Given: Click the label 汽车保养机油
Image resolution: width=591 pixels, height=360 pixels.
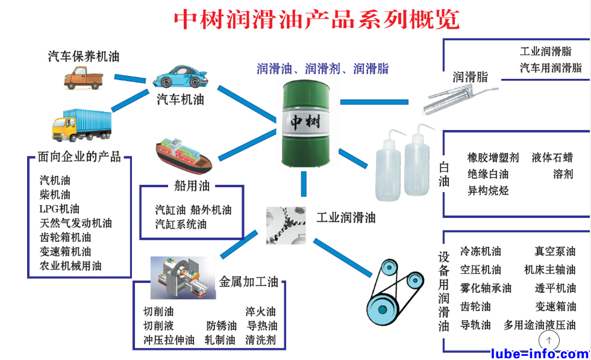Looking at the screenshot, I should click(84, 57).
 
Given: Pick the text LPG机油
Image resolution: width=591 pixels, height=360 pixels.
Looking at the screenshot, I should click(59, 209).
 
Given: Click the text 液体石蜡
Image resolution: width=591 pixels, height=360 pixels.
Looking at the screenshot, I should click(552, 158).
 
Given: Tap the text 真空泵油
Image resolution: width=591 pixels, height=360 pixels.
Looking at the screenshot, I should click(555, 251).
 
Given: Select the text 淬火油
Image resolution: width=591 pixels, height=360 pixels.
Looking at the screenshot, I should click(260, 311).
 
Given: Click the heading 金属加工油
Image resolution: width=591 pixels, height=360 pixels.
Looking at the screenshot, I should click(248, 282).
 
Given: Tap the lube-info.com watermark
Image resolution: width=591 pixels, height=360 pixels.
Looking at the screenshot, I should click(539, 353).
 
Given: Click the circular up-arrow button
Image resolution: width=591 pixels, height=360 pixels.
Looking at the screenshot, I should click(548, 341).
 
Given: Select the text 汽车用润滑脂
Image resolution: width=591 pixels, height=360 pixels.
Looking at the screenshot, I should click(551, 68).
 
